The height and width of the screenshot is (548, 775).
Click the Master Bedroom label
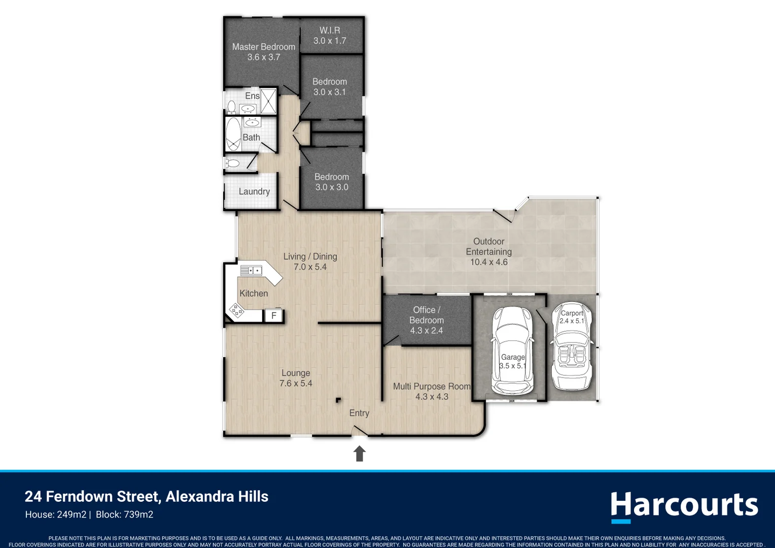(x=263, y=47)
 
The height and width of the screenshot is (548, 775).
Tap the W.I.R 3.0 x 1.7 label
(x=330, y=36)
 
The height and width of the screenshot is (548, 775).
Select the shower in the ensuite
(x=268, y=101)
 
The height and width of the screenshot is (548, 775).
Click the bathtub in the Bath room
(x=233, y=134)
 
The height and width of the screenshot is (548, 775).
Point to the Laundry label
(x=254, y=191)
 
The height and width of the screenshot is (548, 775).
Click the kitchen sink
(x=251, y=270)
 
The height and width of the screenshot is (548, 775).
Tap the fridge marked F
(x=274, y=316)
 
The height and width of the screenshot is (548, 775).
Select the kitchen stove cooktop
(x=236, y=310)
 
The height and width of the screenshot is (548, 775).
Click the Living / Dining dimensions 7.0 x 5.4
(x=310, y=267)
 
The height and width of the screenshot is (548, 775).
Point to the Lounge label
(x=296, y=373)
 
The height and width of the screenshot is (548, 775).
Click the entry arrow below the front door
(x=360, y=453)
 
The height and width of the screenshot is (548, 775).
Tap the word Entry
(x=359, y=413)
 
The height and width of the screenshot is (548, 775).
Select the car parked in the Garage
(x=512, y=350)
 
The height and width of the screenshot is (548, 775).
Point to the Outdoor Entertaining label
(x=488, y=247)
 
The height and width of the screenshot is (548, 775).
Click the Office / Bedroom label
(x=426, y=315)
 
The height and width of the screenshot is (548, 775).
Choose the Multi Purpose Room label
(x=432, y=386)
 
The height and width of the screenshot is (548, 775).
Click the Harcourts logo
(x=684, y=506)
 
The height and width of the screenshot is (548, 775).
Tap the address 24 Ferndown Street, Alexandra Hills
(x=147, y=496)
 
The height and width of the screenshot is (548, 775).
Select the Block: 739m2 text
(x=124, y=515)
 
